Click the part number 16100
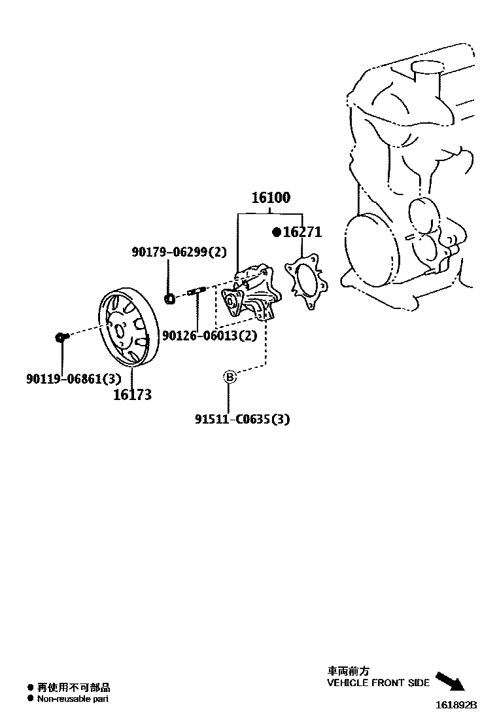pyautogui.click(x=271, y=198)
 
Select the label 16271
pyautogui.click(x=301, y=232)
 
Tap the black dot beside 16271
pyautogui.click(x=276, y=232)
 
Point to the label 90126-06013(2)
pyautogui.click(x=209, y=336)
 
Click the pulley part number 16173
pyautogui.click(x=132, y=394)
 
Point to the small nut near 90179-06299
pyautogui.click(x=169, y=299)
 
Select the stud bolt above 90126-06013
pyautogui.click(x=197, y=292)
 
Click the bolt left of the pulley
pyautogui.click(x=61, y=337)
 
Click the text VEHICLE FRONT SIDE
pyautogui.click(x=378, y=683)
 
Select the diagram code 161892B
pyautogui.click(x=457, y=705)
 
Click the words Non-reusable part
pyautogui.click(x=73, y=699)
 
